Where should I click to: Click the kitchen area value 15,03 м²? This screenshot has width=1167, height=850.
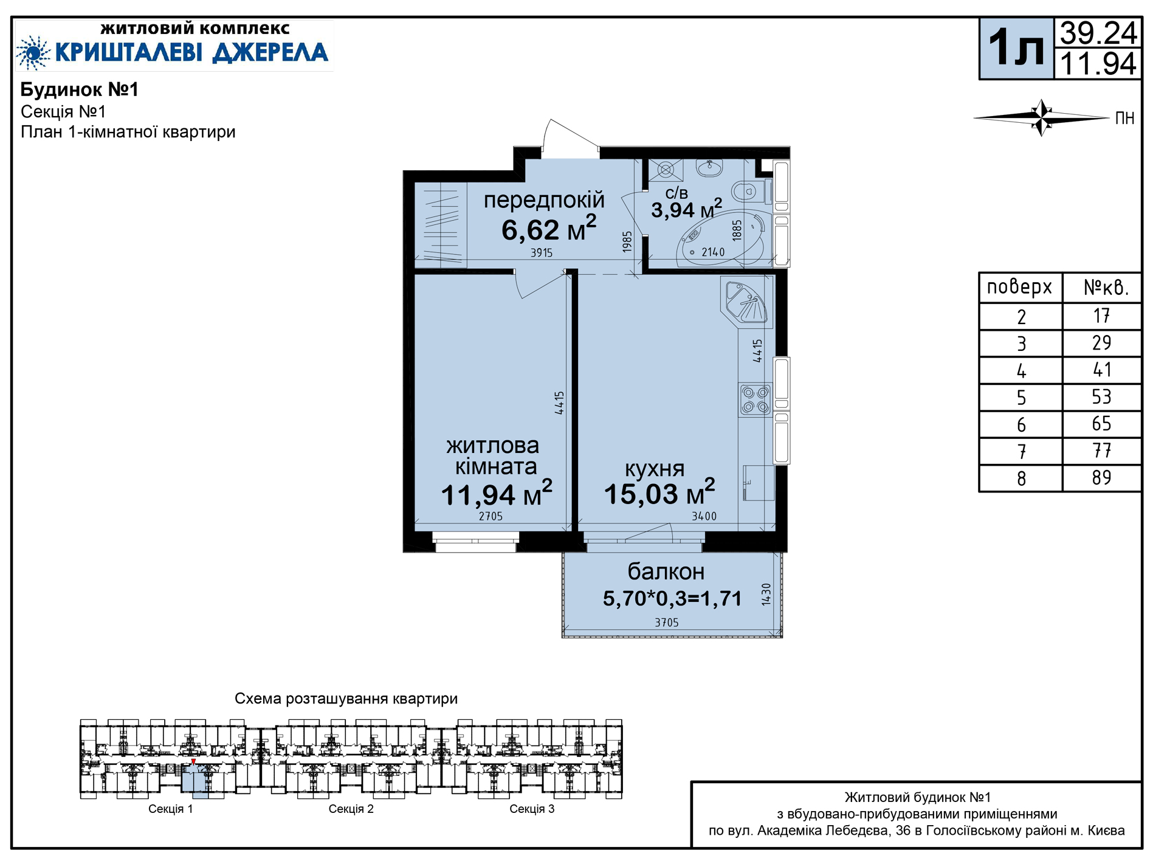pyautogui.click(x=659, y=492)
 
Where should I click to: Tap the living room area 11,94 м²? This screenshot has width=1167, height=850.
pyautogui.click(x=496, y=493)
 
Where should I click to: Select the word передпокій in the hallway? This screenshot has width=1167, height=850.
pyautogui.click(x=544, y=200)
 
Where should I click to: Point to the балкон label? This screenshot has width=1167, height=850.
pyautogui.click(x=666, y=572)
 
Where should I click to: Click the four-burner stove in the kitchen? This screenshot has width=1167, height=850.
pyautogui.click(x=756, y=400)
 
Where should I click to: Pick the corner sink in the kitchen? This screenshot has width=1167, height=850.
pyautogui.click(x=746, y=302)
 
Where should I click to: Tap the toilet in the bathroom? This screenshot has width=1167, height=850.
pyautogui.click(x=748, y=192)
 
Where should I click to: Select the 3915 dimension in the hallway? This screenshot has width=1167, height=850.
pyautogui.click(x=542, y=252)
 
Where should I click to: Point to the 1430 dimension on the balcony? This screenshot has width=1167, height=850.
pyautogui.click(x=766, y=594)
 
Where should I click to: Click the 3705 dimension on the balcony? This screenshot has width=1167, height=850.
pyautogui.click(x=667, y=623)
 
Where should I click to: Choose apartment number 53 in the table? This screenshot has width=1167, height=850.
pyautogui.click(x=1101, y=397)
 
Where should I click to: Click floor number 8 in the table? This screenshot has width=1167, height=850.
pyautogui.click(x=1021, y=479)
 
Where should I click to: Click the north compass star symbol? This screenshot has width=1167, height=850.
pyautogui.click(x=1042, y=117)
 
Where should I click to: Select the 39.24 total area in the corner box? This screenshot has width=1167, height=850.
pyautogui.click(x=1098, y=33)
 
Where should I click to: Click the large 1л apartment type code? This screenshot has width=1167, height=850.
pyautogui.click(x=1016, y=48)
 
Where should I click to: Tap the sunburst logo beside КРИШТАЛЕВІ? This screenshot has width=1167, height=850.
pyautogui.click(x=34, y=52)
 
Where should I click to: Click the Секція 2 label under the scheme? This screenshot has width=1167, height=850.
pyautogui.click(x=351, y=809)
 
